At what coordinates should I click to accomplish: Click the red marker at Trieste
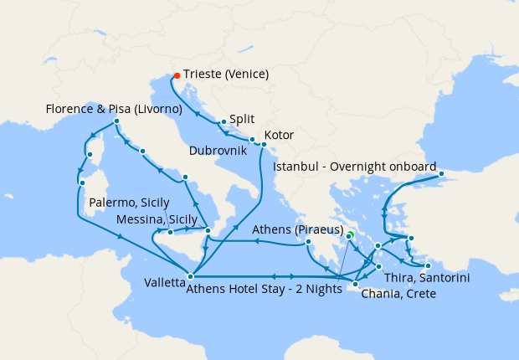click(177, 75)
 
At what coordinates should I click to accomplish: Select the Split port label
click(242, 120)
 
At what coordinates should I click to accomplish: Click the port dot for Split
click(224, 122)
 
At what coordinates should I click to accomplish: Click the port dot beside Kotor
click(264, 144)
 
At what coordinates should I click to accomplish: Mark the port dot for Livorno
click(116, 121)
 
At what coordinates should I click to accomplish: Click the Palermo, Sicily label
click(130, 203)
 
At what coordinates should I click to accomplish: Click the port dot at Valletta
click(191, 275)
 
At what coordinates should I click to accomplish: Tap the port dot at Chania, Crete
click(356, 285)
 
